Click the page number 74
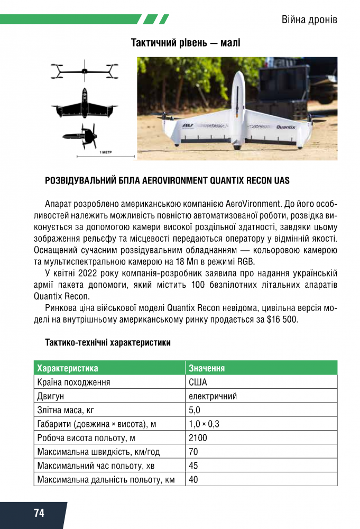tap(39, 513)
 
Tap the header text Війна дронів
tap(309, 20)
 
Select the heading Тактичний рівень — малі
tap(186, 43)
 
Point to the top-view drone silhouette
tap(84, 105)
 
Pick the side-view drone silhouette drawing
tap(85, 136)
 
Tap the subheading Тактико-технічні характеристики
tap(108, 342)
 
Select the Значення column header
tap(207, 368)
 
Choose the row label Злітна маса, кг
tap(66, 410)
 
